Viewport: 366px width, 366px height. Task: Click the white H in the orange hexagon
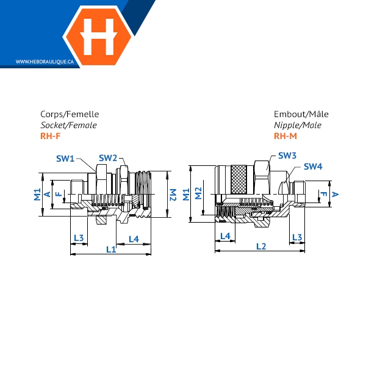[x=98, y=37]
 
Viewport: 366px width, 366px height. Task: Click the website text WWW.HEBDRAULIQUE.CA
[x=45, y=62]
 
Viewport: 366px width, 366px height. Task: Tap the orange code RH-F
[x=51, y=136]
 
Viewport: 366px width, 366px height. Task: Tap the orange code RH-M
[x=285, y=136]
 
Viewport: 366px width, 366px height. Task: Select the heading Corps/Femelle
[x=70, y=114]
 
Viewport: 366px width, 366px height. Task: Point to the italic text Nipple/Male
[x=298, y=125]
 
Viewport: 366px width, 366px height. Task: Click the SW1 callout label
[x=65, y=159]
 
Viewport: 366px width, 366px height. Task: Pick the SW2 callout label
[x=108, y=158]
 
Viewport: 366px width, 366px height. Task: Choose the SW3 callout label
[x=287, y=156]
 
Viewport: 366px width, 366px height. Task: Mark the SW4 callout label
[x=313, y=167]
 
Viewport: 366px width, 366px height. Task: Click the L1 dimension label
[x=111, y=249]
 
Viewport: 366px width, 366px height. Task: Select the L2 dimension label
[x=261, y=246]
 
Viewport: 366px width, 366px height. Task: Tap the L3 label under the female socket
[x=79, y=238]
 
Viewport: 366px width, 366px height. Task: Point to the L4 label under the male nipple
[x=225, y=236]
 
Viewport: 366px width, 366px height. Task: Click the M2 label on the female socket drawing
[x=173, y=195]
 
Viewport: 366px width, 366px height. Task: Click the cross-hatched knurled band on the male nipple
[x=239, y=179]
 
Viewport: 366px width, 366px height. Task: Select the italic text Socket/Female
[x=68, y=125]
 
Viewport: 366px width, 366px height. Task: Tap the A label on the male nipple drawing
[x=335, y=194]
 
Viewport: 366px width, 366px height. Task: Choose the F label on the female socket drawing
[x=59, y=194]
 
